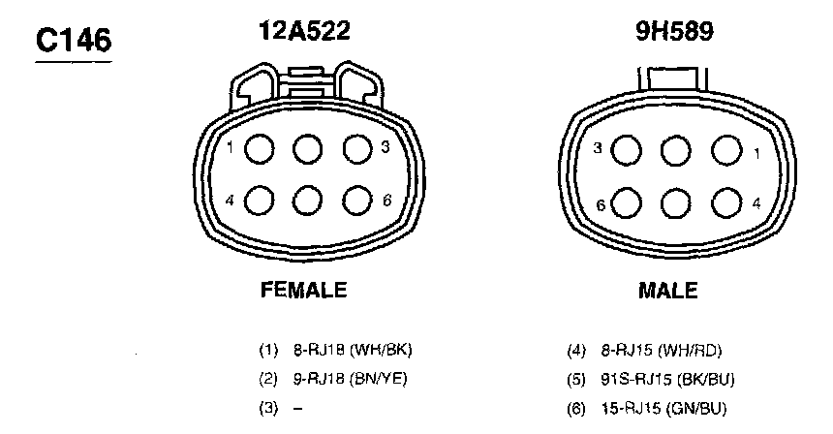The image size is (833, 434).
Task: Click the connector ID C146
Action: point(74,41)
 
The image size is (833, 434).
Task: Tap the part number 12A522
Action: point(304,30)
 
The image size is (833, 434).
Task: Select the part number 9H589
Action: point(675,31)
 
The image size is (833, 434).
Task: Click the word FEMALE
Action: point(304,290)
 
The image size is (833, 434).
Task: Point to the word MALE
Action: point(667,291)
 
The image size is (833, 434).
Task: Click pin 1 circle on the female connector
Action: point(260,149)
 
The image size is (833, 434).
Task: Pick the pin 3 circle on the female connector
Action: point(357,149)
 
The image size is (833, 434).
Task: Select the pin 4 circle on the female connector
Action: point(260,201)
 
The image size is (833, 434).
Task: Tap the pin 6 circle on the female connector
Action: point(357,201)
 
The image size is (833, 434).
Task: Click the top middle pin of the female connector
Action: point(308,149)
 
